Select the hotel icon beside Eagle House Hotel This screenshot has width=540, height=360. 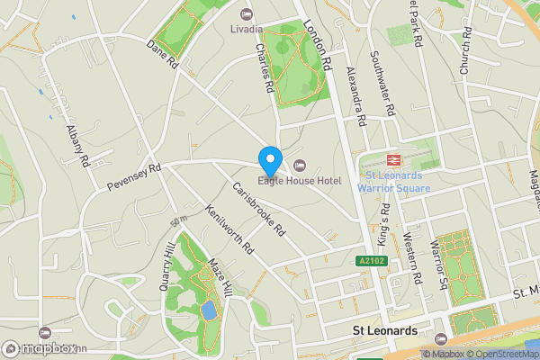tap(300, 165)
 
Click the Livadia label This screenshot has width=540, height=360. tap(247, 29)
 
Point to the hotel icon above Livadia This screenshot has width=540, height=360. tap(247, 13)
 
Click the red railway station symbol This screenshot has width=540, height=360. tap(393, 158)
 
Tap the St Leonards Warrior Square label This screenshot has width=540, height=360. tap(393, 182)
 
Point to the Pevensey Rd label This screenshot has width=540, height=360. tap(132, 175)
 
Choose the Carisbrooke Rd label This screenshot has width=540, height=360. tap(258, 210)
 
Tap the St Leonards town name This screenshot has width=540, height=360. tap(383, 331)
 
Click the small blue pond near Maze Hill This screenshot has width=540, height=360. tap(209, 311)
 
